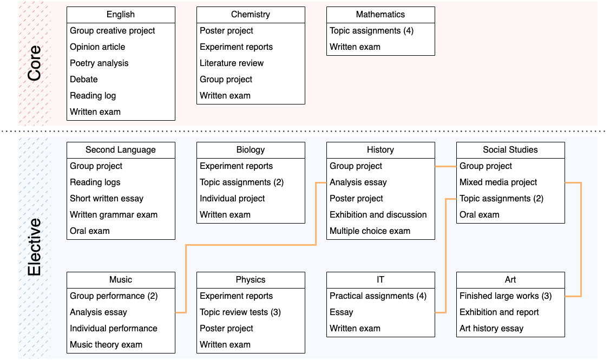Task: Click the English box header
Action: pos(121,15)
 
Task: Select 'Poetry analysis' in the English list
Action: pos(99,63)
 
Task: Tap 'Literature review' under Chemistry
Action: pos(232,63)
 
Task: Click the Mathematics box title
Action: pos(381,15)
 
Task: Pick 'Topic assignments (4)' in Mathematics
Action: pos(371,31)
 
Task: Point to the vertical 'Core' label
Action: pos(34,63)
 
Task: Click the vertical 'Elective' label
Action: pos(34,247)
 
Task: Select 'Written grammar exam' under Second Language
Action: pos(114,215)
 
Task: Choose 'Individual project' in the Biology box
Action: pos(232,199)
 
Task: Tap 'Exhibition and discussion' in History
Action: pos(378,215)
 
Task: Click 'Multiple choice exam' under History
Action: pos(370,231)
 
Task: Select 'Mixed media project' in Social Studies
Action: pos(498,182)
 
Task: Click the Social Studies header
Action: pos(510,150)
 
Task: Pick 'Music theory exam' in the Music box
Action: pos(106,345)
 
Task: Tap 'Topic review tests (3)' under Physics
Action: pos(240,312)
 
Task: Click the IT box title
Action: pos(381,280)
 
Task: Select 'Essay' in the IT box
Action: pos(341,312)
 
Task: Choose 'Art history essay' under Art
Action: pos(491,329)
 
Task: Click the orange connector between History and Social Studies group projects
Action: pos(445,167)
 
